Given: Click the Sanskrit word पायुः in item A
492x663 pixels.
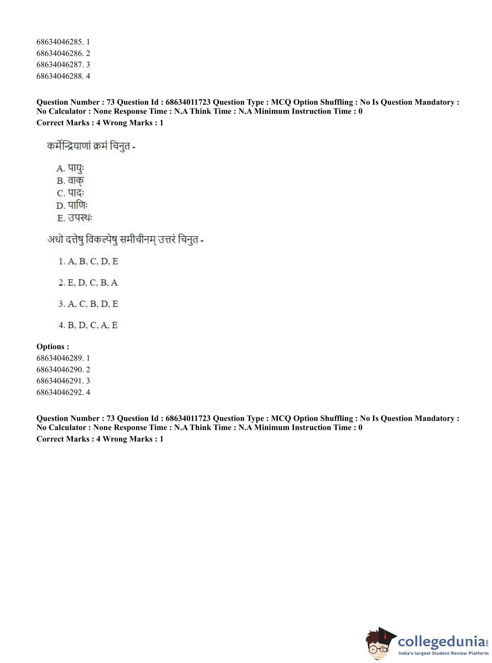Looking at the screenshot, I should click(x=76, y=169).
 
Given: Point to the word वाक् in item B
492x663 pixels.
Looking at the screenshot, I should click(x=76, y=181).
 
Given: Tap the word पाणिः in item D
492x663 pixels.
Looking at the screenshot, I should click(x=77, y=205).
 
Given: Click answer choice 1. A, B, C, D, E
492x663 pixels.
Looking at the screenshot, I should click(x=88, y=261).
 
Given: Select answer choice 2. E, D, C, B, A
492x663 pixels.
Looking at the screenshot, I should click(x=88, y=282).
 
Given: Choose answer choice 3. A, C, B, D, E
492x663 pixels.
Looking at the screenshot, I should click(x=88, y=304).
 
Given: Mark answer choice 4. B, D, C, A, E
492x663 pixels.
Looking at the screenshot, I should click(x=88, y=325).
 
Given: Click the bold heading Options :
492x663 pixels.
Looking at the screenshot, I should click(x=53, y=347).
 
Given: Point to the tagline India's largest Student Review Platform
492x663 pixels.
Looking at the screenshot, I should click(x=443, y=653).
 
